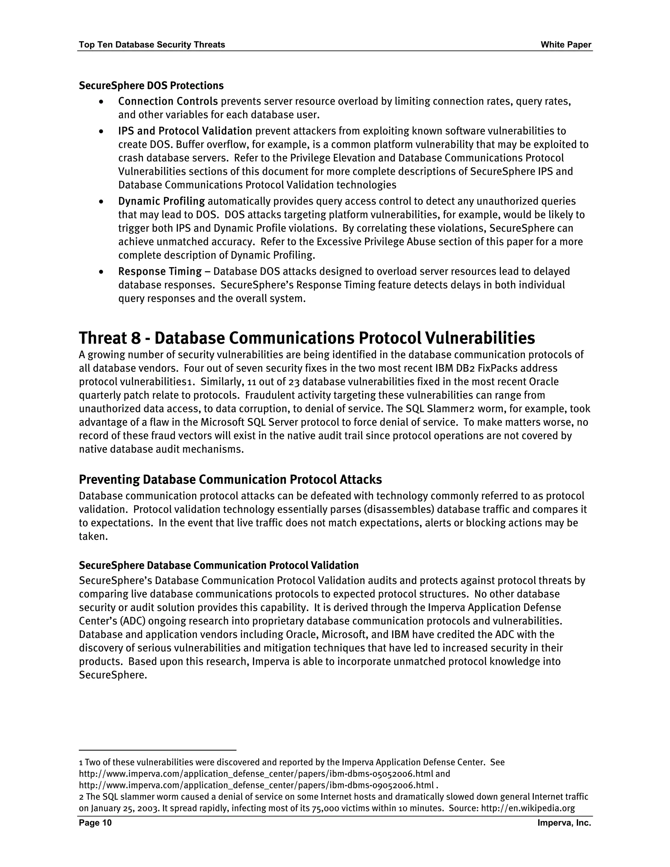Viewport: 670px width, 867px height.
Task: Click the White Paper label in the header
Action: tap(566, 45)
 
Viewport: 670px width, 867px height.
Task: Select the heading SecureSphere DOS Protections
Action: tap(151, 86)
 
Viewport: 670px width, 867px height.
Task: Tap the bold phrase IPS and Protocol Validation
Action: tap(185, 131)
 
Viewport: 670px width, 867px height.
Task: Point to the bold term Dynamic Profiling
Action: tap(162, 201)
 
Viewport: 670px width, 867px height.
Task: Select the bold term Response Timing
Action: tap(160, 272)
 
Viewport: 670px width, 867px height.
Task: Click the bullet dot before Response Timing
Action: tap(102, 272)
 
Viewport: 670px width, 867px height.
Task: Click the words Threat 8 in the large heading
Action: tap(110, 338)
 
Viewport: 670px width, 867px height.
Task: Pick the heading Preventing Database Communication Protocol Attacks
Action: tap(230, 480)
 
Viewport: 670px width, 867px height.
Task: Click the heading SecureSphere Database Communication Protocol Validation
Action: tap(219, 565)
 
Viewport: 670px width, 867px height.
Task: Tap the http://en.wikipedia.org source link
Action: tap(528, 808)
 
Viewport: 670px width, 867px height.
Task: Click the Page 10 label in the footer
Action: tap(95, 823)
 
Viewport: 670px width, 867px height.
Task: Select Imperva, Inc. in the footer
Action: tap(564, 823)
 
